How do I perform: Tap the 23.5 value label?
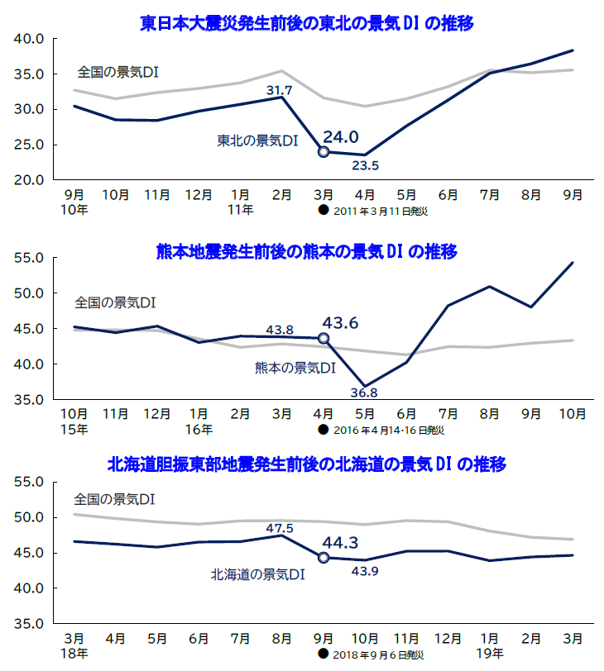(365, 166)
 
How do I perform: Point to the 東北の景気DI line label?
(257, 141)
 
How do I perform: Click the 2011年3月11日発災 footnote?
(377, 211)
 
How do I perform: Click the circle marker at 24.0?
(324, 152)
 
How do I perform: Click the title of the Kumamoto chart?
(307, 251)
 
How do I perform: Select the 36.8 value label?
(365, 393)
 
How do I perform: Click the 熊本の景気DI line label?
(295, 368)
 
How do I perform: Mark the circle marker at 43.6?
(324, 338)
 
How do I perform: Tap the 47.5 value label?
(280, 528)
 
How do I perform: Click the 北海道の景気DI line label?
(258, 573)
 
